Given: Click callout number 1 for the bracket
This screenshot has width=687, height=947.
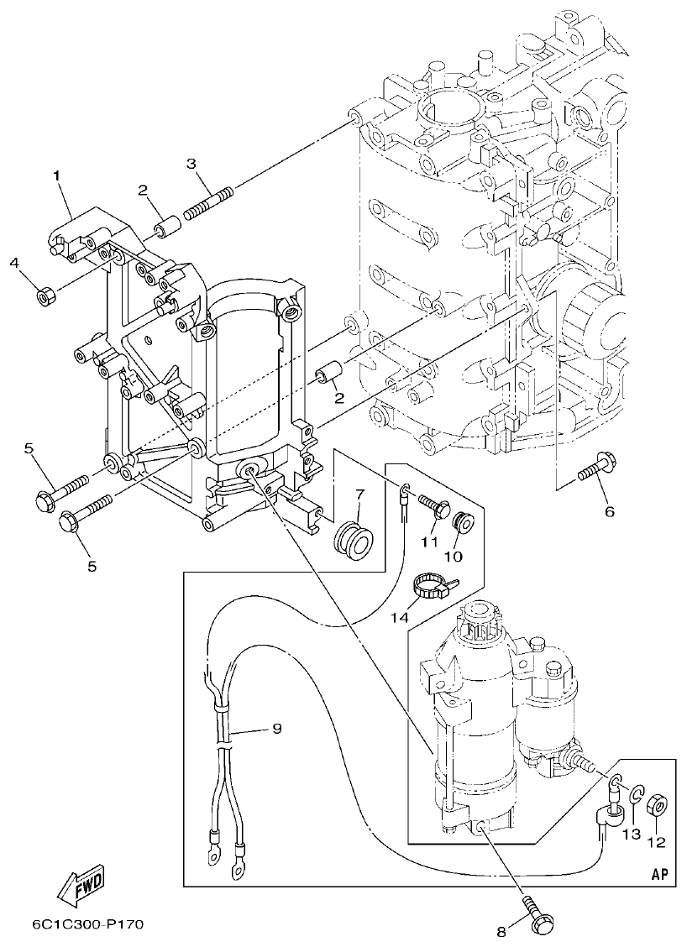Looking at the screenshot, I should point(57,175).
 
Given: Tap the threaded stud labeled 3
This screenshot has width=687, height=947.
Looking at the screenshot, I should point(207,204).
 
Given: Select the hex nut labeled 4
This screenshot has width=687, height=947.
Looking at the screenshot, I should point(46,296).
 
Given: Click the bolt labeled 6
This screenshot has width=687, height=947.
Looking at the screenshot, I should point(595,468).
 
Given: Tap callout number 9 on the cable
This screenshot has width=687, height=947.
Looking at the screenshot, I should point(276,729).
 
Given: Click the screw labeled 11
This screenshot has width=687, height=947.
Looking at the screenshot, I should point(433,509).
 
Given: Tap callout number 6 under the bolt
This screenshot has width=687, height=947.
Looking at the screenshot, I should point(610,510).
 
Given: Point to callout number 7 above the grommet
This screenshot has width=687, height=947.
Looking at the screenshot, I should point(359,493).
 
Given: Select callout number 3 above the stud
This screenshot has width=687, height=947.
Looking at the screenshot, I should point(191,163).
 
